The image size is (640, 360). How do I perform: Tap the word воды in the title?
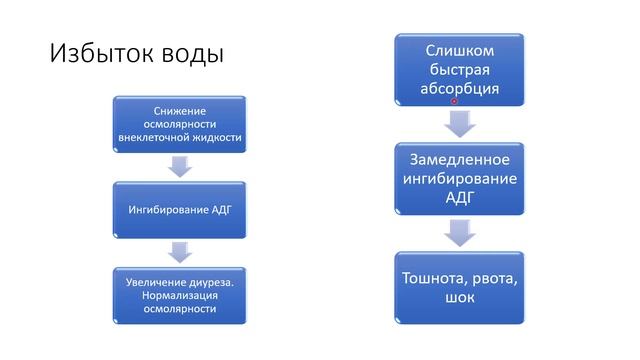click(x=191, y=53)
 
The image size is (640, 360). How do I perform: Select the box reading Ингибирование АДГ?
click(x=180, y=210)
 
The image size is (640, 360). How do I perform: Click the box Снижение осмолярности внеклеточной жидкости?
click(x=180, y=124)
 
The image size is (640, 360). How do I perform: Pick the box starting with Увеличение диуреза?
click(x=180, y=295)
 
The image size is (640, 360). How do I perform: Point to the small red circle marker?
click(x=455, y=101)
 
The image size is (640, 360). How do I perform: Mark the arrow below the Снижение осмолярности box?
click(x=180, y=166)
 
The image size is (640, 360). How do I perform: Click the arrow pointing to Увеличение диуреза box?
click(x=180, y=251)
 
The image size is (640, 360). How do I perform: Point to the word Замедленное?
click(x=460, y=160)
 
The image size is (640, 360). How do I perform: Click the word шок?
click(x=460, y=298)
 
